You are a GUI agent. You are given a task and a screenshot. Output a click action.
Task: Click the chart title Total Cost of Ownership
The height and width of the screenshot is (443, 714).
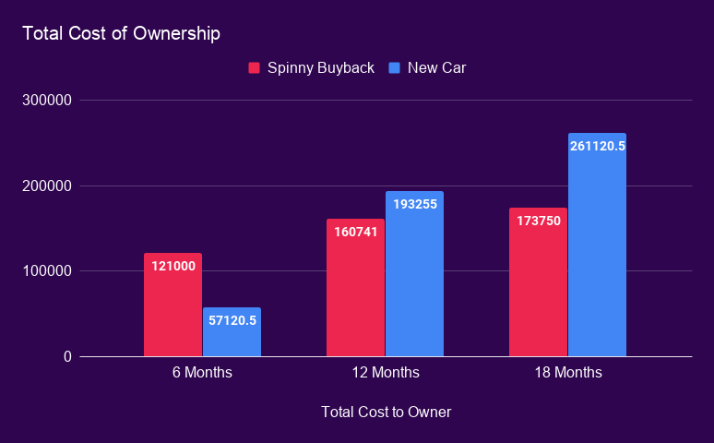click(x=121, y=34)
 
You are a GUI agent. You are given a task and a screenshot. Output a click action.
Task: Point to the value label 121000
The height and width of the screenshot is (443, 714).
click(x=173, y=266)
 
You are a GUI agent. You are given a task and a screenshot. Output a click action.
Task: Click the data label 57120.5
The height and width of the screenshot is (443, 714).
click(x=232, y=320)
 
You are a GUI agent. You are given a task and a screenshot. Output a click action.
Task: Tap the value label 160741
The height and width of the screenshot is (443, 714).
click(x=355, y=232)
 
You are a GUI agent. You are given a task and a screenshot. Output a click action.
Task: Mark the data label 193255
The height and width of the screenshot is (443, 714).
click(x=414, y=204)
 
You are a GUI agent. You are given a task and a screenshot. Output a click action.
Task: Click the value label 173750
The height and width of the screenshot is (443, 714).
click(x=538, y=221)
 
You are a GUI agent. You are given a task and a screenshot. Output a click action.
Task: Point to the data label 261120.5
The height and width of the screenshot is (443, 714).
click(x=598, y=146)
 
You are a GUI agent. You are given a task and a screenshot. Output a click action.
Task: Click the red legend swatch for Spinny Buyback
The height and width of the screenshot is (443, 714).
click(x=254, y=67)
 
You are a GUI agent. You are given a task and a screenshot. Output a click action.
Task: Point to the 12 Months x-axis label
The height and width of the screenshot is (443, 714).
click(x=385, y=373)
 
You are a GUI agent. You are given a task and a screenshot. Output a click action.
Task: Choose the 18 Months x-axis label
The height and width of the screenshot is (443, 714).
click(x=567, y=373)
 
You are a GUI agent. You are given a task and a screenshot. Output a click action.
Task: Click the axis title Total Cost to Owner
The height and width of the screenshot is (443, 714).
click(x=386, y=412)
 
